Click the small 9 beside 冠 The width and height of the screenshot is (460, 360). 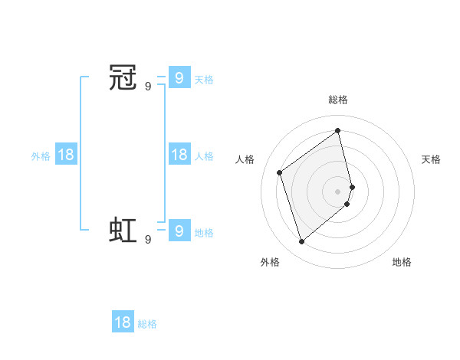[x=148, y=87]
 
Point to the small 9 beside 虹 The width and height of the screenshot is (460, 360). [x=148, y=239]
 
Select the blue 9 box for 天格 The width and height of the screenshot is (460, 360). [x=179, y=78]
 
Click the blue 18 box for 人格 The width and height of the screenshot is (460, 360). [x=179, y=155]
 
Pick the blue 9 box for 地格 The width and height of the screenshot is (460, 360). [x=179, y=230]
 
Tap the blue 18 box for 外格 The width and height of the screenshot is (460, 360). [x=66, y=155]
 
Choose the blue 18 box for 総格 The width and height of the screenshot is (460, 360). [x=123, y=322]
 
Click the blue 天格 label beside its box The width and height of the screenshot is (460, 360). [x=204, y=80]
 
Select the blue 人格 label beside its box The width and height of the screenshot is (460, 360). [x=204, y=156]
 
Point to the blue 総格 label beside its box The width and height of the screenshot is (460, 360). [x=147, y=324]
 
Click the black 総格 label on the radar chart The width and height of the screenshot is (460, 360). [x=338, y=100]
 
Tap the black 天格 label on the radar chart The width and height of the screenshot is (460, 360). [x=431, y=159]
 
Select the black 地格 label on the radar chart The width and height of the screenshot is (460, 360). [x=402, y=262]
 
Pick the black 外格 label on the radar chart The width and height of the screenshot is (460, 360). [x=270, y=262]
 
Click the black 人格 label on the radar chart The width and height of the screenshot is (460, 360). [x=245, y=159]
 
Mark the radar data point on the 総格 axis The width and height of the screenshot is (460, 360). [x=338, y=131]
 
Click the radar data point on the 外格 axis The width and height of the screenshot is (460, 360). [x=301, y=242]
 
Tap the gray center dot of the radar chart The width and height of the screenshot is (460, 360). [x=338, y=191]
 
